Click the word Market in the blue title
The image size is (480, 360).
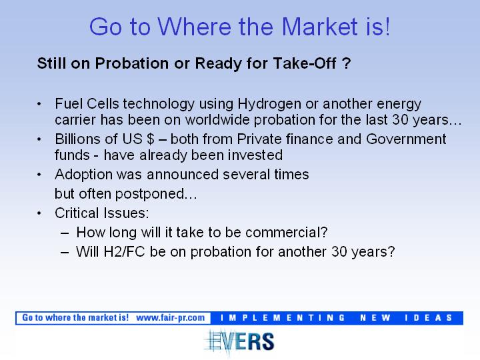pyautogui.click(x=319, y=26)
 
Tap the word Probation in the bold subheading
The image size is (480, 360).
pyautogui.click(x=131, y=63)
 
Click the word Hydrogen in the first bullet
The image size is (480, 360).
pyautogui.click(x=269, y=104)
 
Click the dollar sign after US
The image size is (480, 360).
pyautogui.click(x=150, y=139)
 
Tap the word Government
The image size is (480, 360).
pyautogui.click(x=406, y=139)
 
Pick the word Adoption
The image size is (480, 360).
pyautogui.click(x=83, y=175)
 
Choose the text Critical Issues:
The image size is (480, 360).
pyautogui.click(x=102, y=213)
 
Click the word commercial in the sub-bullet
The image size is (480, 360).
pyautogui.click(x=287, y=233)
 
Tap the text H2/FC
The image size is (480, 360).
pyautogui.click(x=124, y=251)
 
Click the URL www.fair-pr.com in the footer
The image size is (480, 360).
pyautogui.click(x=170, y=318)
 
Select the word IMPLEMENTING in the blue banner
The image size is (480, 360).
pyautogui.click(x=283, y=318)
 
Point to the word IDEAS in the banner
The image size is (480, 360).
pyautogui.click(x=428, y=318)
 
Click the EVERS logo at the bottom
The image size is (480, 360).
pyautogui.click(x=239, y=341)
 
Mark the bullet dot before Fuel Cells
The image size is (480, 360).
pyautogui.click(x=39, y=104)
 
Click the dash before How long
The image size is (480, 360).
pyautogui.click(x=65, y=233)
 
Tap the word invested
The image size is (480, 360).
pyautogui.click(x=255, y=155)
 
